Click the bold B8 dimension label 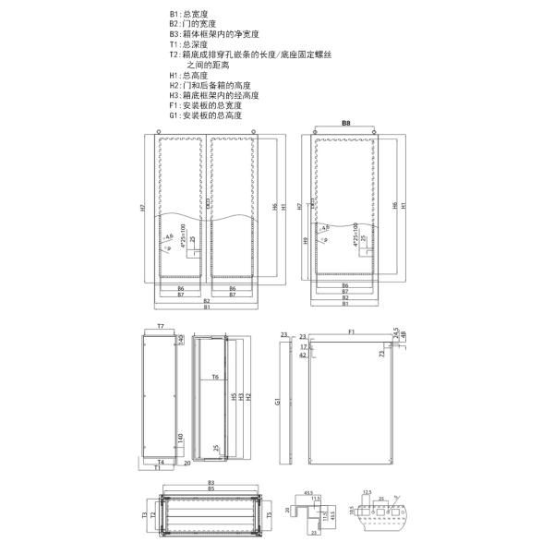tap(346, 123)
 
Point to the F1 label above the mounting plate tap(353, 331)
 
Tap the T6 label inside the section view tap(214, 378)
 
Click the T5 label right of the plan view tap(269, 516)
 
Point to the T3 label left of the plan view tap(144, 514)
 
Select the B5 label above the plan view tap(211, 488)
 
